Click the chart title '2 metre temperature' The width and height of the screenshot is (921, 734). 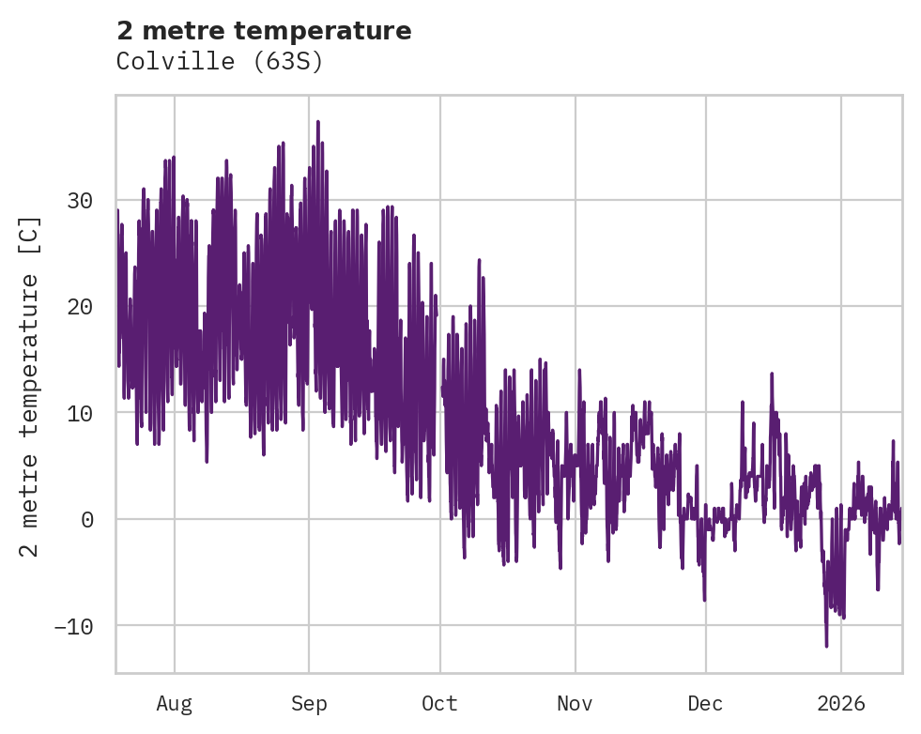pos(264,31)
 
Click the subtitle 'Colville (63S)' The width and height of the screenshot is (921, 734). pos(220,62)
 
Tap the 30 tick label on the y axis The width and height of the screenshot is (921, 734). pos(80,200)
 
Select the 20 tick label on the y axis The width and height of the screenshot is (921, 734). pos(80,306)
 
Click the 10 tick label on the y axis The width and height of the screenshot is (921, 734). pos(80,412)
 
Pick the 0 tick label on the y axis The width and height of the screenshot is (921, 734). pos(87,519)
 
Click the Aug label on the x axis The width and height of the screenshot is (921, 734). pos(174,703)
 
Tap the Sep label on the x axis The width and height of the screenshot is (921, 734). pos(309,703)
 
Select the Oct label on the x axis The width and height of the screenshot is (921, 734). pos(439,703)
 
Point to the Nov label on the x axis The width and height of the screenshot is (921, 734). pos(575,703)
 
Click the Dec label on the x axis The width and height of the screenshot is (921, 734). pos(705,703)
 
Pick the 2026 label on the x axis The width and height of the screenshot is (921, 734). pos(840,703)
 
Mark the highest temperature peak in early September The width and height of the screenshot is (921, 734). pos(317,122)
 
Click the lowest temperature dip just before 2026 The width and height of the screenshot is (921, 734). pos(826,646)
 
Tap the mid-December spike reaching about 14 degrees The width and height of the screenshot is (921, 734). pos(772,374)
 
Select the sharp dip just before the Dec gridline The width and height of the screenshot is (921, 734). pos(703,599)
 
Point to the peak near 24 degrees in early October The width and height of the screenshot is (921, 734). pos(479,260)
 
